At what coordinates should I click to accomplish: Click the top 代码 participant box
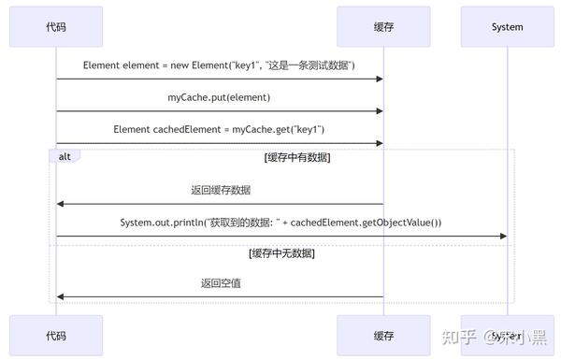56,27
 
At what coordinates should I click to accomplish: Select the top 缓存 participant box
383,27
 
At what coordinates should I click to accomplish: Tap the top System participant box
507,27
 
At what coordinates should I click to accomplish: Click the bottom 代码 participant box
56,336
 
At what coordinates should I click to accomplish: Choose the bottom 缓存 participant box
383,336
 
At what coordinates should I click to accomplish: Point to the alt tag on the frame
65,156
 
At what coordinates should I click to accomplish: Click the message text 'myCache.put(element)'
220,97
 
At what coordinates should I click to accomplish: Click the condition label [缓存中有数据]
296,157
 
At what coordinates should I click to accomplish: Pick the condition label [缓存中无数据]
281,253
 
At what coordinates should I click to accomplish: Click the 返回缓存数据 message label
220,190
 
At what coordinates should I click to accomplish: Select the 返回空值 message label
220,282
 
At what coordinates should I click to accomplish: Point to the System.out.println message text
280,222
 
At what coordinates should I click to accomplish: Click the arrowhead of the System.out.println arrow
503,237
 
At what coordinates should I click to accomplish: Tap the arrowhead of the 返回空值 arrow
61,296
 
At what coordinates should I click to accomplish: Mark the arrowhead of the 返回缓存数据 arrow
61,204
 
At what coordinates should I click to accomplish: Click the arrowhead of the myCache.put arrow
379,111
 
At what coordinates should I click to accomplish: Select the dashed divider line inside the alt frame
280,246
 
